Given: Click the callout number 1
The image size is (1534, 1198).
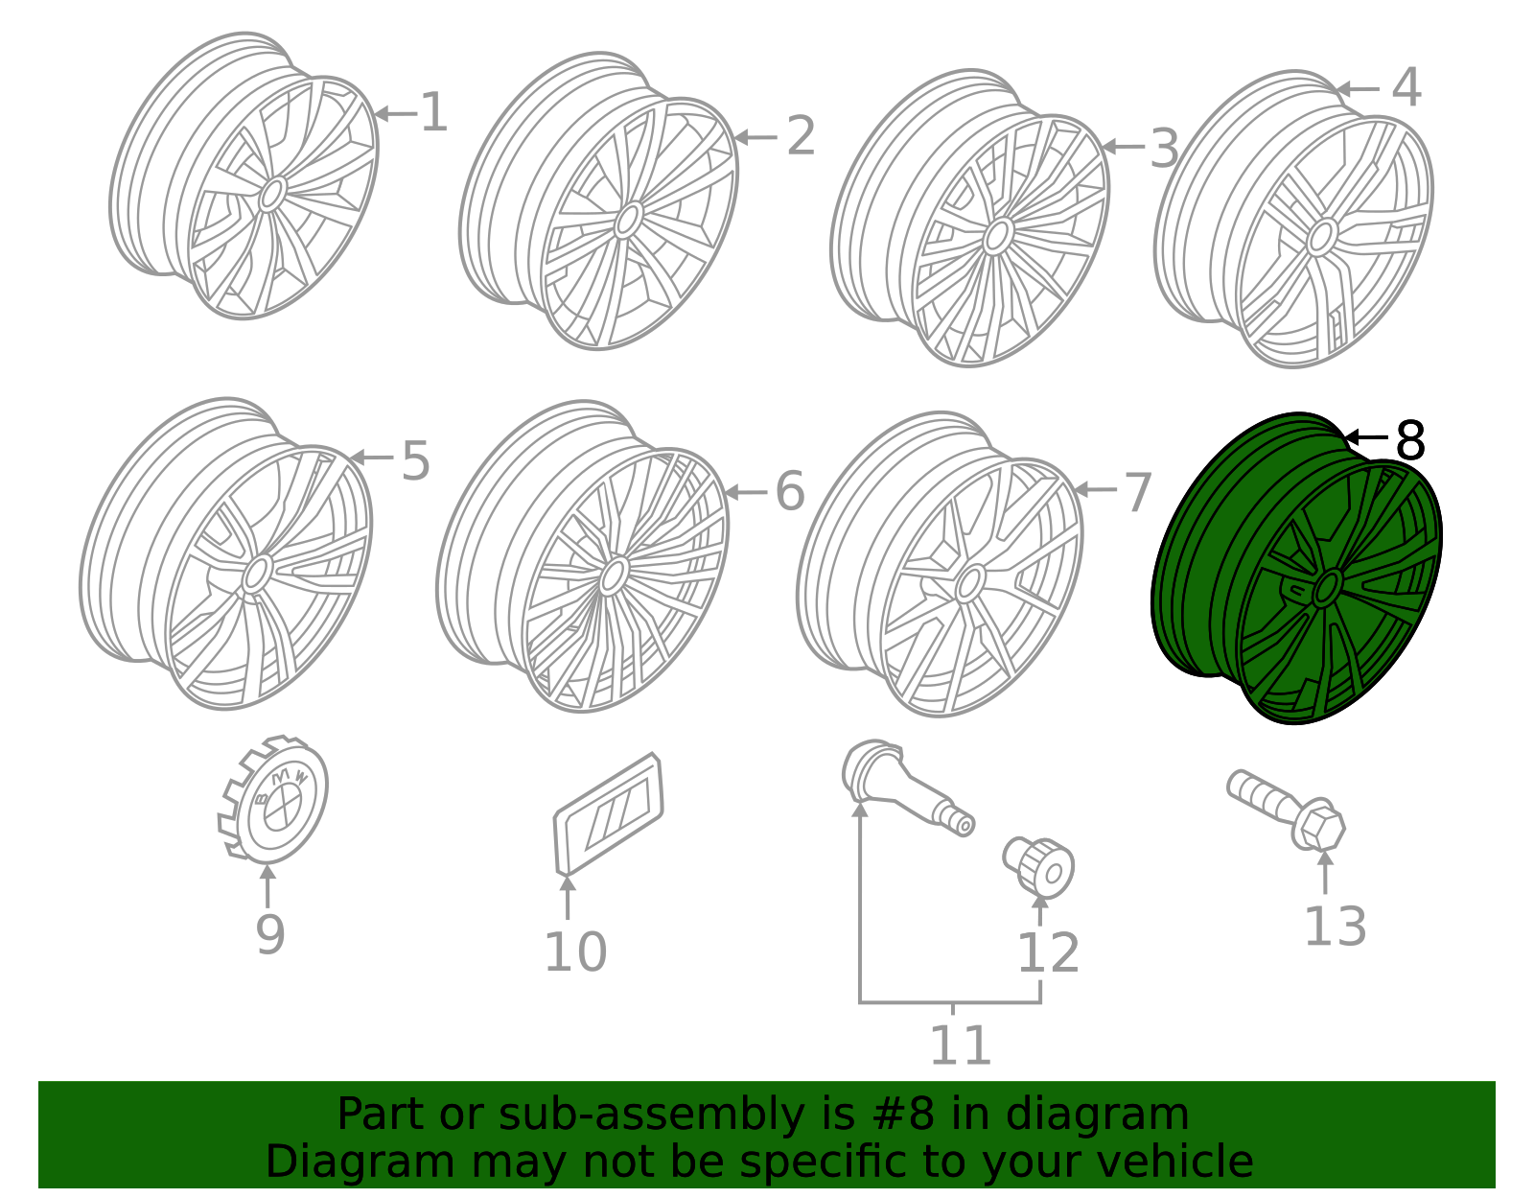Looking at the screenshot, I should tap(433, 113).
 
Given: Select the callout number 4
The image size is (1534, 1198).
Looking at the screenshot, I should tap(1406, 88).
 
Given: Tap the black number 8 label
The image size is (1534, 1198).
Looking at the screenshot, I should tap(1410, 441).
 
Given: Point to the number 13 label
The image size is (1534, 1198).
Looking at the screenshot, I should tap(1335, 928).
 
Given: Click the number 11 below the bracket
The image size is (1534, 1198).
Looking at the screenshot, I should tap(960, 1045).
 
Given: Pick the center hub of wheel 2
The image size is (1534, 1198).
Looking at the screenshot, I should tap(628, 220).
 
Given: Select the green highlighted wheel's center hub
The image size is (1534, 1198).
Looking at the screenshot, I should tap(1327, 587).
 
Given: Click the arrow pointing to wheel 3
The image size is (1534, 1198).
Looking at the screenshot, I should tap(1122, 147).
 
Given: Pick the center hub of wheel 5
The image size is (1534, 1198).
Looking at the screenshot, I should tap(256, 574).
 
